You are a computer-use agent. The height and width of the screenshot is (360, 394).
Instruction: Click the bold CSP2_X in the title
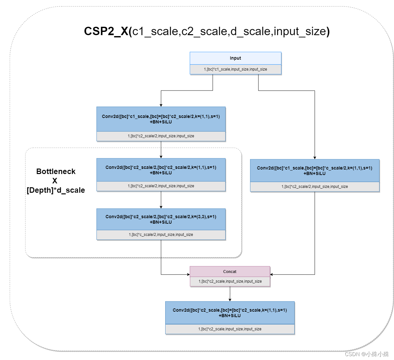tap(106, 31)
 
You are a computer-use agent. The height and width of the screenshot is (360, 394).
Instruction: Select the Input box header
tap(235, 58)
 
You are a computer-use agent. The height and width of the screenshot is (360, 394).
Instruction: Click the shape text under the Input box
tap(235, 69)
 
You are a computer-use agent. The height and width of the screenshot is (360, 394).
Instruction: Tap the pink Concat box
tap(230, 271)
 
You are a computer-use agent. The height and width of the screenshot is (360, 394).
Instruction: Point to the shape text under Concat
tap(230, 281)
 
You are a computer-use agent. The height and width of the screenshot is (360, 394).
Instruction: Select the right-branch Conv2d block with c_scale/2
tap(314, 170)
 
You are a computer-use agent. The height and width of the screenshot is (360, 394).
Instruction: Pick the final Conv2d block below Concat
tap(229, 313)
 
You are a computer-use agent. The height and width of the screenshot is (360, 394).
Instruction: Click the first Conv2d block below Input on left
tap(161, 119)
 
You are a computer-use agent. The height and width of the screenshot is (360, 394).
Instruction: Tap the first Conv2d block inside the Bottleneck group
tap(161, 170)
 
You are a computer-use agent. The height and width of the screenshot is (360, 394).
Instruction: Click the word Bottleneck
tap(56, 171)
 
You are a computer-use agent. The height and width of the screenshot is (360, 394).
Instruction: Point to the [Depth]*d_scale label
tap(56, 190)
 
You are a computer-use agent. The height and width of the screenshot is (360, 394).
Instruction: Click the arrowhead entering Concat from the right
tap(272, 275)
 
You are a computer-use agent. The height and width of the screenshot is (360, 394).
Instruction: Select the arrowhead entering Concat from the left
tap(188, 275)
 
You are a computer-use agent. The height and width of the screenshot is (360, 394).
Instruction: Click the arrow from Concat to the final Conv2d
tap(230, 294)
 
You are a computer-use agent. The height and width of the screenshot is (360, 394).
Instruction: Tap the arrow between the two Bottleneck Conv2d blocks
tap(161, 200)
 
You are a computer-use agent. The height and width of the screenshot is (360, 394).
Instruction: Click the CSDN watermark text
tap(367, 354)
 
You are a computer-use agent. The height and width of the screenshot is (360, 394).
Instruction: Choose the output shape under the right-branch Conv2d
tap(314, 187)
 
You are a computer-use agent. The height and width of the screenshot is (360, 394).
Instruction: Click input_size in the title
tap(300, 31)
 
